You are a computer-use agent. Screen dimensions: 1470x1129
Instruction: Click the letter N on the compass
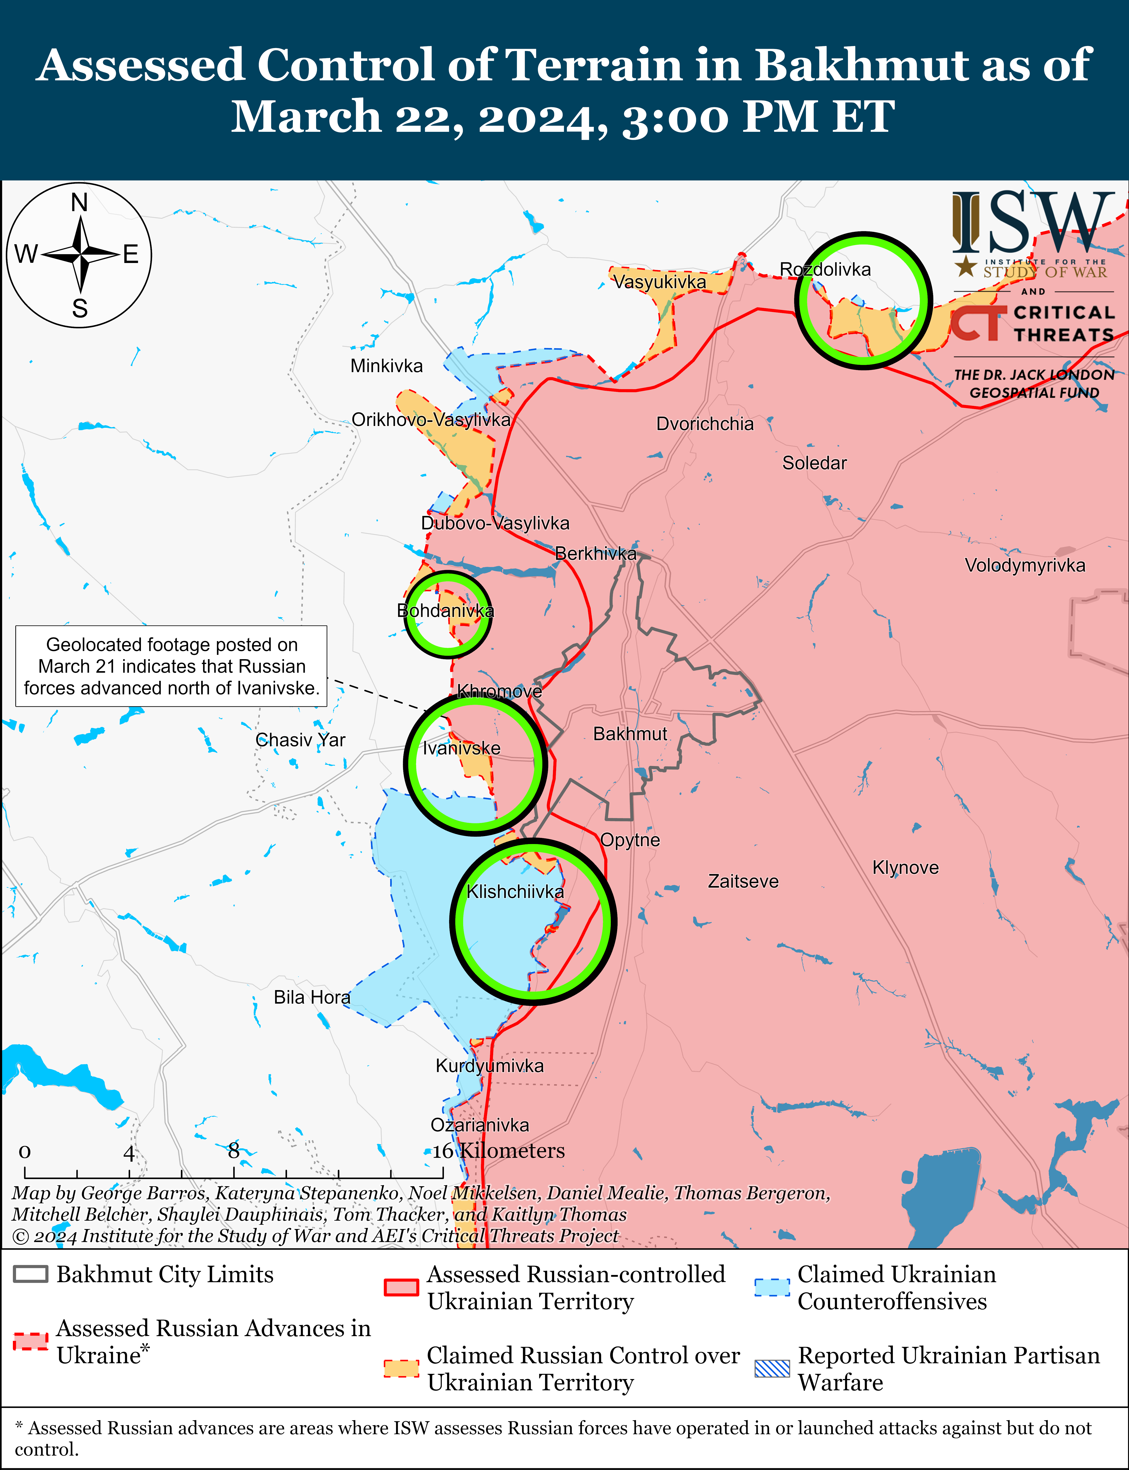click(x=79, y=202)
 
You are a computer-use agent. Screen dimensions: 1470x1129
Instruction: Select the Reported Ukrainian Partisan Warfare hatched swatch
click(x=772, y=1369)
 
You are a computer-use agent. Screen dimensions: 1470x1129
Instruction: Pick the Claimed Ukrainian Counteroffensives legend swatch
click(x=772, y=1286)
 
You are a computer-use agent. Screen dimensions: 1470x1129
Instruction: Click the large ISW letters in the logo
click(x=1031, y=222)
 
